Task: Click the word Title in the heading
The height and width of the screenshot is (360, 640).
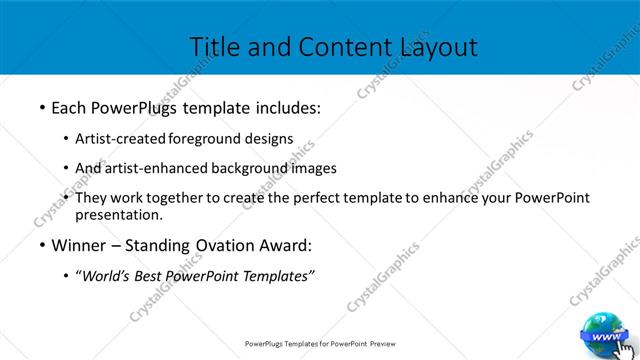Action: click(x=213, y=46)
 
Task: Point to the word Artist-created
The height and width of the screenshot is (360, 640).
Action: click(x=122, y=138)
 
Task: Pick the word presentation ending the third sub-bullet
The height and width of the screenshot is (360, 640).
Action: click(x=118, y=214)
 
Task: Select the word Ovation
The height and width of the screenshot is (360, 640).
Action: click(x=230, y=244)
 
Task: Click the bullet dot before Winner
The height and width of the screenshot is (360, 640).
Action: click(x=42, y=245)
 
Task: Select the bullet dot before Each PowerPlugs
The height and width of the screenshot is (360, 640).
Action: click(x=42, y=105)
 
